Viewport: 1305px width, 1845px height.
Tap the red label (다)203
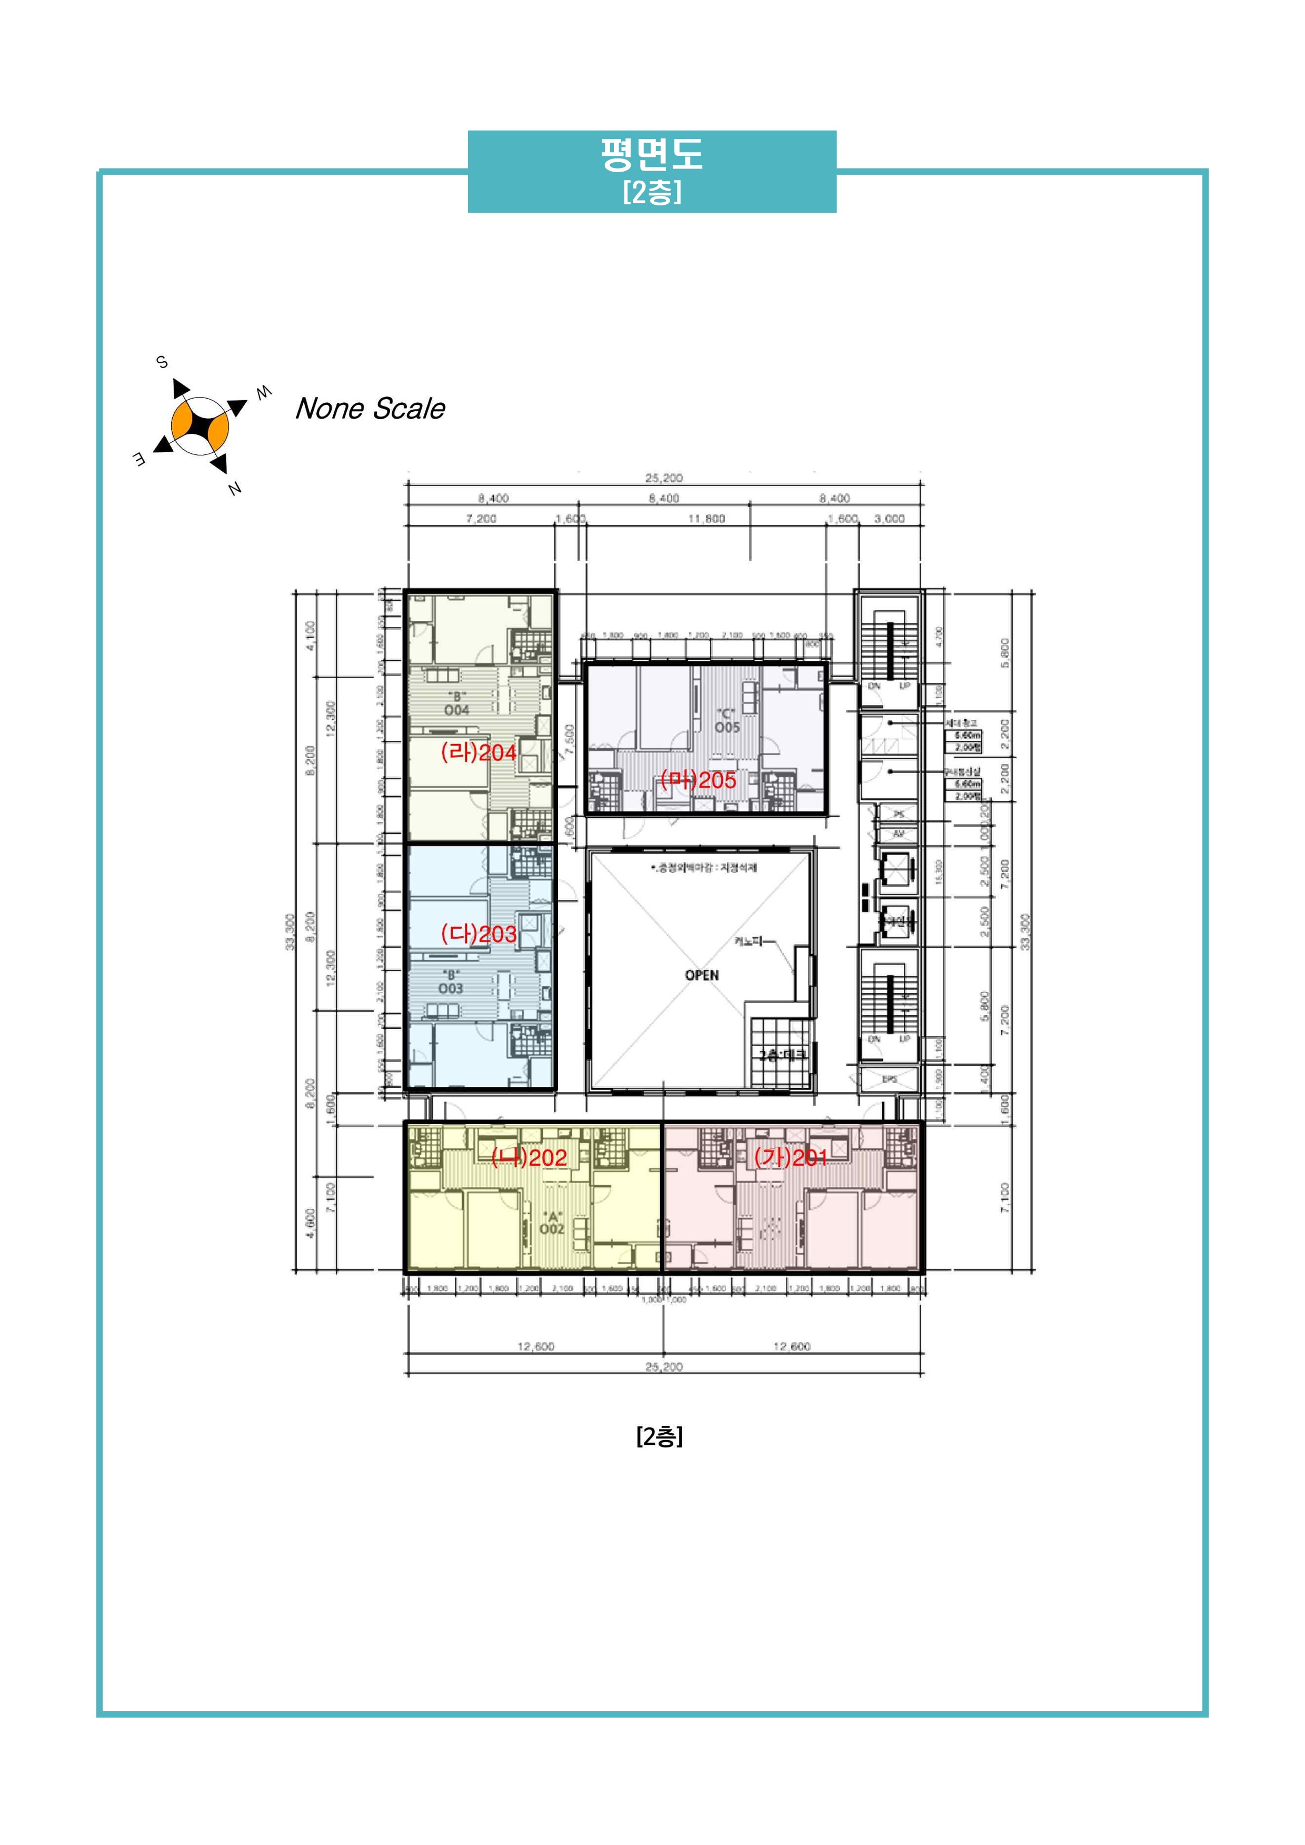[478, 934]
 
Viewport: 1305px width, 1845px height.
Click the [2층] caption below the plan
[659, 1437]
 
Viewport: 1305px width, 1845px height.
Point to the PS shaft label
[899, 814]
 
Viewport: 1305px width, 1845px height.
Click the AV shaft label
[899, 834]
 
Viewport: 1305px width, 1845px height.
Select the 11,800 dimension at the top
[706, 519]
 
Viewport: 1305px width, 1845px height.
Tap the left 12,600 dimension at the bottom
[535, 1347]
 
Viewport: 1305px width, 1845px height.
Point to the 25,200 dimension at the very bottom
[664, 1367]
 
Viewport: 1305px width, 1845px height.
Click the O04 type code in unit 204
[456, 710]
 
